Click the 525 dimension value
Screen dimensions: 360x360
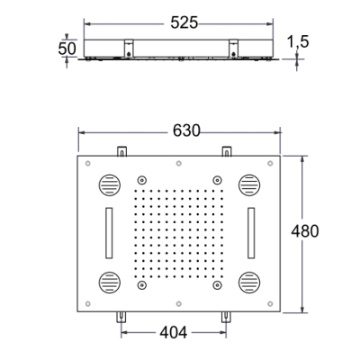(184, 23)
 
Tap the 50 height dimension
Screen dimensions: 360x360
(67, 49)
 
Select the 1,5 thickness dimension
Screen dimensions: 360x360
(298, 41)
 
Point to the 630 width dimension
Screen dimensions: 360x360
(186, 130)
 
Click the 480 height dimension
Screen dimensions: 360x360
(305, 231)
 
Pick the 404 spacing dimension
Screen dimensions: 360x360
(174, 332)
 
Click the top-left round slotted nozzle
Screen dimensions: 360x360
(109, 185)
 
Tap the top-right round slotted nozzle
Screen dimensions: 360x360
(249, 185)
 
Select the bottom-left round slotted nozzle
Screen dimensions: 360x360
(109, 283)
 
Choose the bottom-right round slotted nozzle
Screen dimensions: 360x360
(249, 283)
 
